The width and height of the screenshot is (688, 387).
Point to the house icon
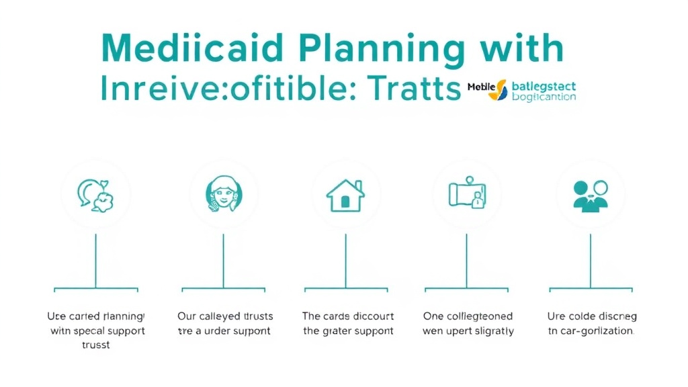point(345,195)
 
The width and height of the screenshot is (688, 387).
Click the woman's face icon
point(223,194)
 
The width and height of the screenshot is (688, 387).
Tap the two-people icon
point(591,194)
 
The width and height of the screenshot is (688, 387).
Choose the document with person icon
point(468,194)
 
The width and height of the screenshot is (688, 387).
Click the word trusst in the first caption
point(96,345)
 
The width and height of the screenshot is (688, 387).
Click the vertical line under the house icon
point(345,261)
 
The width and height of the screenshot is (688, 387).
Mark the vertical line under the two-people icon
point(591,261)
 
